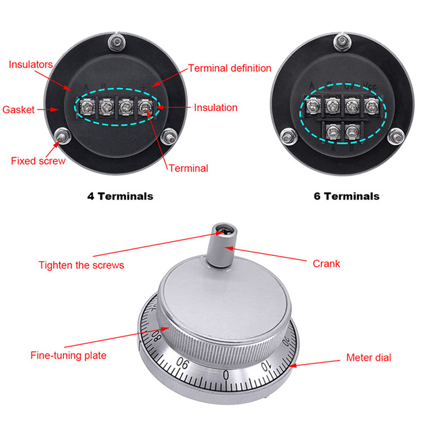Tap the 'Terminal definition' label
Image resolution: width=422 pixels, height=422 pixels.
(x=229, y=68)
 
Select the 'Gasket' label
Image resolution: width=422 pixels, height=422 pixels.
(x=18, y=110)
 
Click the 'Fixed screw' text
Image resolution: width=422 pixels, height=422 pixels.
(x=38, y=160)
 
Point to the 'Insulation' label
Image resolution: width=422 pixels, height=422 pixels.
(x=216, y=108)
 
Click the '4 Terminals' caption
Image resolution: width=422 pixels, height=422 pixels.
(x=120, y=196)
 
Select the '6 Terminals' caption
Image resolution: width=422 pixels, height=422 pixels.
(x=347, y=196)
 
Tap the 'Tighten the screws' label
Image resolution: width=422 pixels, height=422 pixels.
(x=81, y=265)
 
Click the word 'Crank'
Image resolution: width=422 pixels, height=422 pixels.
(x=327, y=264)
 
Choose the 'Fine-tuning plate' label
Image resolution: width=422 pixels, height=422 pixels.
(x=68, y=355)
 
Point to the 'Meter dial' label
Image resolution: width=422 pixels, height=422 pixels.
(x=369, y=358)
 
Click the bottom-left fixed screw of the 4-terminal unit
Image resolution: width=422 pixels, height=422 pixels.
(x=62, y=137)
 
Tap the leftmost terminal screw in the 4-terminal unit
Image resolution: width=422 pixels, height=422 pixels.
(x=83, y=107)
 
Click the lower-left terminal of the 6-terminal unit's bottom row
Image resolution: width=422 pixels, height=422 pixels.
(x=332, y=130)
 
